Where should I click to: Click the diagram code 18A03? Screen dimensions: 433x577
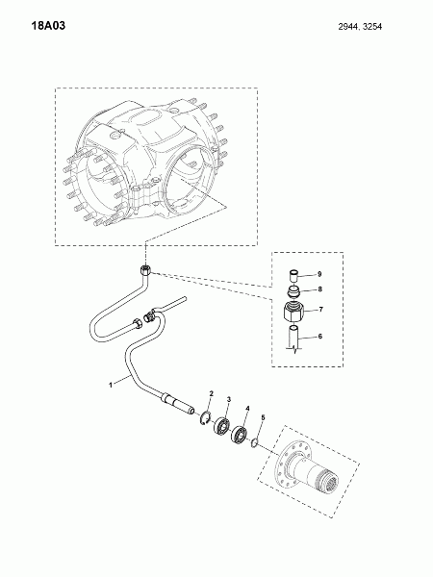point(48,26)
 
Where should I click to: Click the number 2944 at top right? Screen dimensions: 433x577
point(348,27)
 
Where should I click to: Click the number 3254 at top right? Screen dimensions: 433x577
point(371,27)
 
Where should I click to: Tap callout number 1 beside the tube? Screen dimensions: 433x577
point(110,385)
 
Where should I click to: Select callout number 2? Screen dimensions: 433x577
point(212,393)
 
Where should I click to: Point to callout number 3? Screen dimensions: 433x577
point(229,399)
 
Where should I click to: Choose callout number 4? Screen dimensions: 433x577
point(248,409)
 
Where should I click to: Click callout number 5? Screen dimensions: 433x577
point(263,417)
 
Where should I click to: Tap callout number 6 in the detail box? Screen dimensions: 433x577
point(320,337)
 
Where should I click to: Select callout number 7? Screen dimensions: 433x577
point(320,310)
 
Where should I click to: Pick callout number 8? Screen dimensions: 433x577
point(320,289)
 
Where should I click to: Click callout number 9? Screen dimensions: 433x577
point(319,274)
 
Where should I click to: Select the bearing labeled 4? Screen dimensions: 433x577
point(240,435)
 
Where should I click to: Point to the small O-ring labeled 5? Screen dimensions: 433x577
point(254,443)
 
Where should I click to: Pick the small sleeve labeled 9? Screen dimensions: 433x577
point(293,276)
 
